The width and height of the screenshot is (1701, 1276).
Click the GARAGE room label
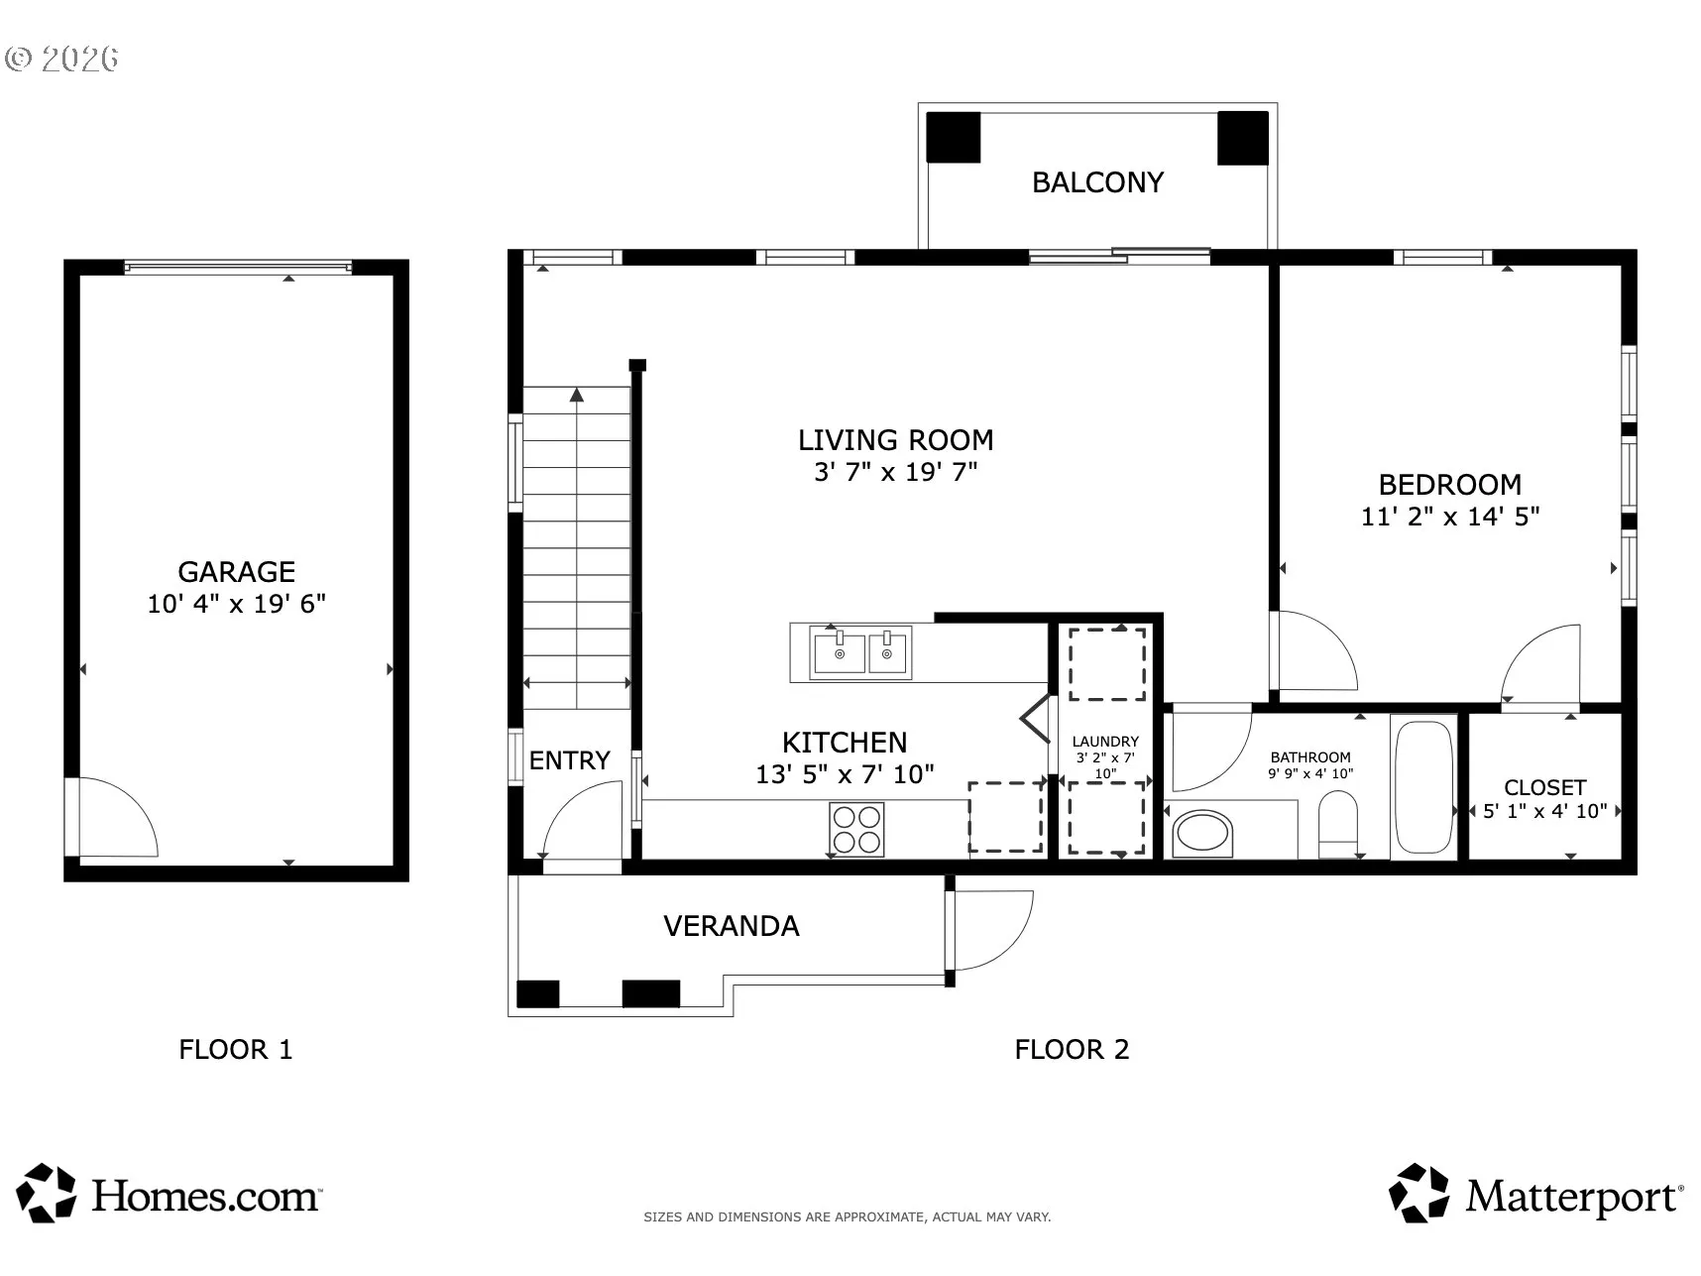[x=236, y=572]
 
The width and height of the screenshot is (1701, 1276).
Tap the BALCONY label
[x=1097, y=182]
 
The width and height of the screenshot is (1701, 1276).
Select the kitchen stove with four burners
[x=856, y=830]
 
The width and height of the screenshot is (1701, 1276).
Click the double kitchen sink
[x=860, y=651]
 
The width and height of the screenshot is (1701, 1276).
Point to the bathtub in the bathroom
[x=1423, y=787]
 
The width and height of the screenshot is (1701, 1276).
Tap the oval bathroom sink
[x=1202, y=833]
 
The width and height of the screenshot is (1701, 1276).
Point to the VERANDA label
[x=732, y=926]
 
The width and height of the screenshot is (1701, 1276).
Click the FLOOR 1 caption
[x=236, y=1050]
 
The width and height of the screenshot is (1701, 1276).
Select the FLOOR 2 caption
[x=1072, y=1050]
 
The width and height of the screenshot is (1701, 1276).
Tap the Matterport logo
[x=1535, y=1194]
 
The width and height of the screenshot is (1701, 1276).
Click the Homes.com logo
[x=170, y=1194]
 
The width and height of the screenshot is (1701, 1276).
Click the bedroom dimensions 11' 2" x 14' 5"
[x=1450, y=517]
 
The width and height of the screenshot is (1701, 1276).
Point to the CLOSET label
[x=1545, y=787]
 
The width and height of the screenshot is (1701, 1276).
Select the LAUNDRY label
[x=1105, y=742]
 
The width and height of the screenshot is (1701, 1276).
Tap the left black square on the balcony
[x=954, y=138]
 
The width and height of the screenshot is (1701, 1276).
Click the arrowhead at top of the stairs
[x=577, y=395]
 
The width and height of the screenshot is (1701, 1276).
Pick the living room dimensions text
[x=896, y=472]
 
